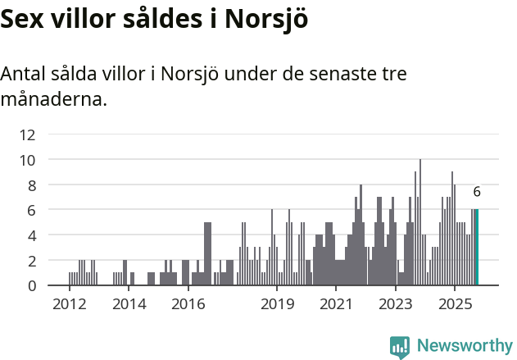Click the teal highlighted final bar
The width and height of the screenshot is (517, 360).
pos(477,248)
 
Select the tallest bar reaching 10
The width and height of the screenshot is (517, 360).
pos(420,223)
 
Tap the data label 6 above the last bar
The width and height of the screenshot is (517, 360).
pos(477,192)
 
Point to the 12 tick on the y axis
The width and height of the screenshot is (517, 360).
pos(27,134)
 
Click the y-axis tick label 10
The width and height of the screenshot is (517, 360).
pos(27,160)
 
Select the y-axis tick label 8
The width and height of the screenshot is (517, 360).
pos(30,185)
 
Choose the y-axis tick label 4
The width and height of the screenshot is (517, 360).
pos(30,235)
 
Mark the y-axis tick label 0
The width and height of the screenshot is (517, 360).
pos(30,285)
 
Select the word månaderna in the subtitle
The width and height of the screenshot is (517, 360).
pos(53,101)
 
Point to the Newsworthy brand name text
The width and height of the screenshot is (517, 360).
pos(464,345)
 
